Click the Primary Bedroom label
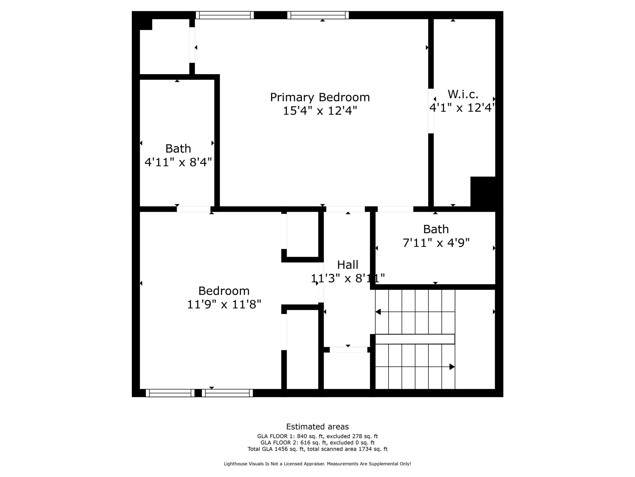point(320,97)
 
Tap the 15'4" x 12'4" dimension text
point(320,111)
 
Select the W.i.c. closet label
point(463,94)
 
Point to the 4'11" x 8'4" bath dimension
point(178,162)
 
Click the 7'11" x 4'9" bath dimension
point(436,243)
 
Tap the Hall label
point(348,265)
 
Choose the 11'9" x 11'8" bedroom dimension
point(224,304)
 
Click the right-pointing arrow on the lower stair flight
point(452,367)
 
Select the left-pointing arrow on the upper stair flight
point(378,311)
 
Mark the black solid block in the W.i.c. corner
point(482,192)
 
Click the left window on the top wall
point(225,15)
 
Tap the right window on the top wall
point(318,15)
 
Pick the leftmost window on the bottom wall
point(170,393)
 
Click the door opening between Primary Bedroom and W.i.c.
point(431,111)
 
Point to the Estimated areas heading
point(317,427)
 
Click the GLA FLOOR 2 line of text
point(317,443)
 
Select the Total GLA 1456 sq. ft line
point(317,449)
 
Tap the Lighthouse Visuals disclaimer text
point(317,464)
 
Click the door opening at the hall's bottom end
point(348,350)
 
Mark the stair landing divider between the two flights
point(415,339)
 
